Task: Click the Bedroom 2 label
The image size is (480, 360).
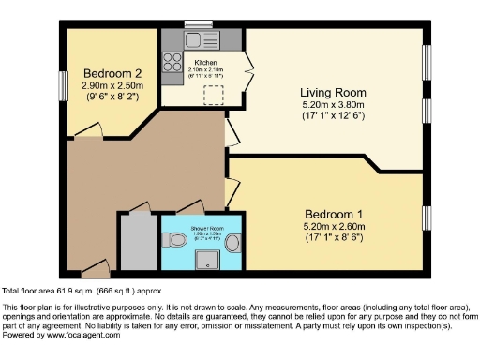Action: (x=112, y=74)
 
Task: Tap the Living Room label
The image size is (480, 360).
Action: (x=333, y=92)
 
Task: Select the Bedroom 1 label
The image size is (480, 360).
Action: (x=333, y=215)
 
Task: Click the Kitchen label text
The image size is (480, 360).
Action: (x=205, y=63)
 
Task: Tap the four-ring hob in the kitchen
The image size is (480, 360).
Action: (x=172, y=63)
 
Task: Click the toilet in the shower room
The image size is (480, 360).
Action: (x=172, y=237)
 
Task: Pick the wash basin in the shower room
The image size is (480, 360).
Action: (x=231, y=238)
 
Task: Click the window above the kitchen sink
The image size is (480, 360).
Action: (x=198, y=23)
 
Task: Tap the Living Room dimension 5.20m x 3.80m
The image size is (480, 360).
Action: (x=333, y=104)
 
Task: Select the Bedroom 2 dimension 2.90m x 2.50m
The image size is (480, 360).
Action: (x=112, y=86)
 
